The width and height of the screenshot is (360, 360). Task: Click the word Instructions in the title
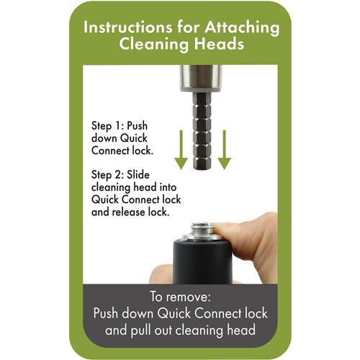127,27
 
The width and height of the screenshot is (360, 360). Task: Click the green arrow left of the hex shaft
181,150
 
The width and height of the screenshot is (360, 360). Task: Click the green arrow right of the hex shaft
225,150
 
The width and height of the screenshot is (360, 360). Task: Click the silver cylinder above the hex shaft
201,78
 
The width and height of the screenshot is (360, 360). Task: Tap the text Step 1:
107,126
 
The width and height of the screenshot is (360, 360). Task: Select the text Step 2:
108,175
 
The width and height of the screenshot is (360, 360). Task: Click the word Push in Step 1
137,125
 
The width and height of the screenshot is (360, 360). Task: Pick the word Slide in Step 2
138,174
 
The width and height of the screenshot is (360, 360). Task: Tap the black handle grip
202,261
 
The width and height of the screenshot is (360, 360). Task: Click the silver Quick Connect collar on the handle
202,232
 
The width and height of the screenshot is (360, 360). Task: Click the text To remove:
180,297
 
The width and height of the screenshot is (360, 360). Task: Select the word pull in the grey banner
140,330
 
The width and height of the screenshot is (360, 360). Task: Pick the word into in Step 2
168,187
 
